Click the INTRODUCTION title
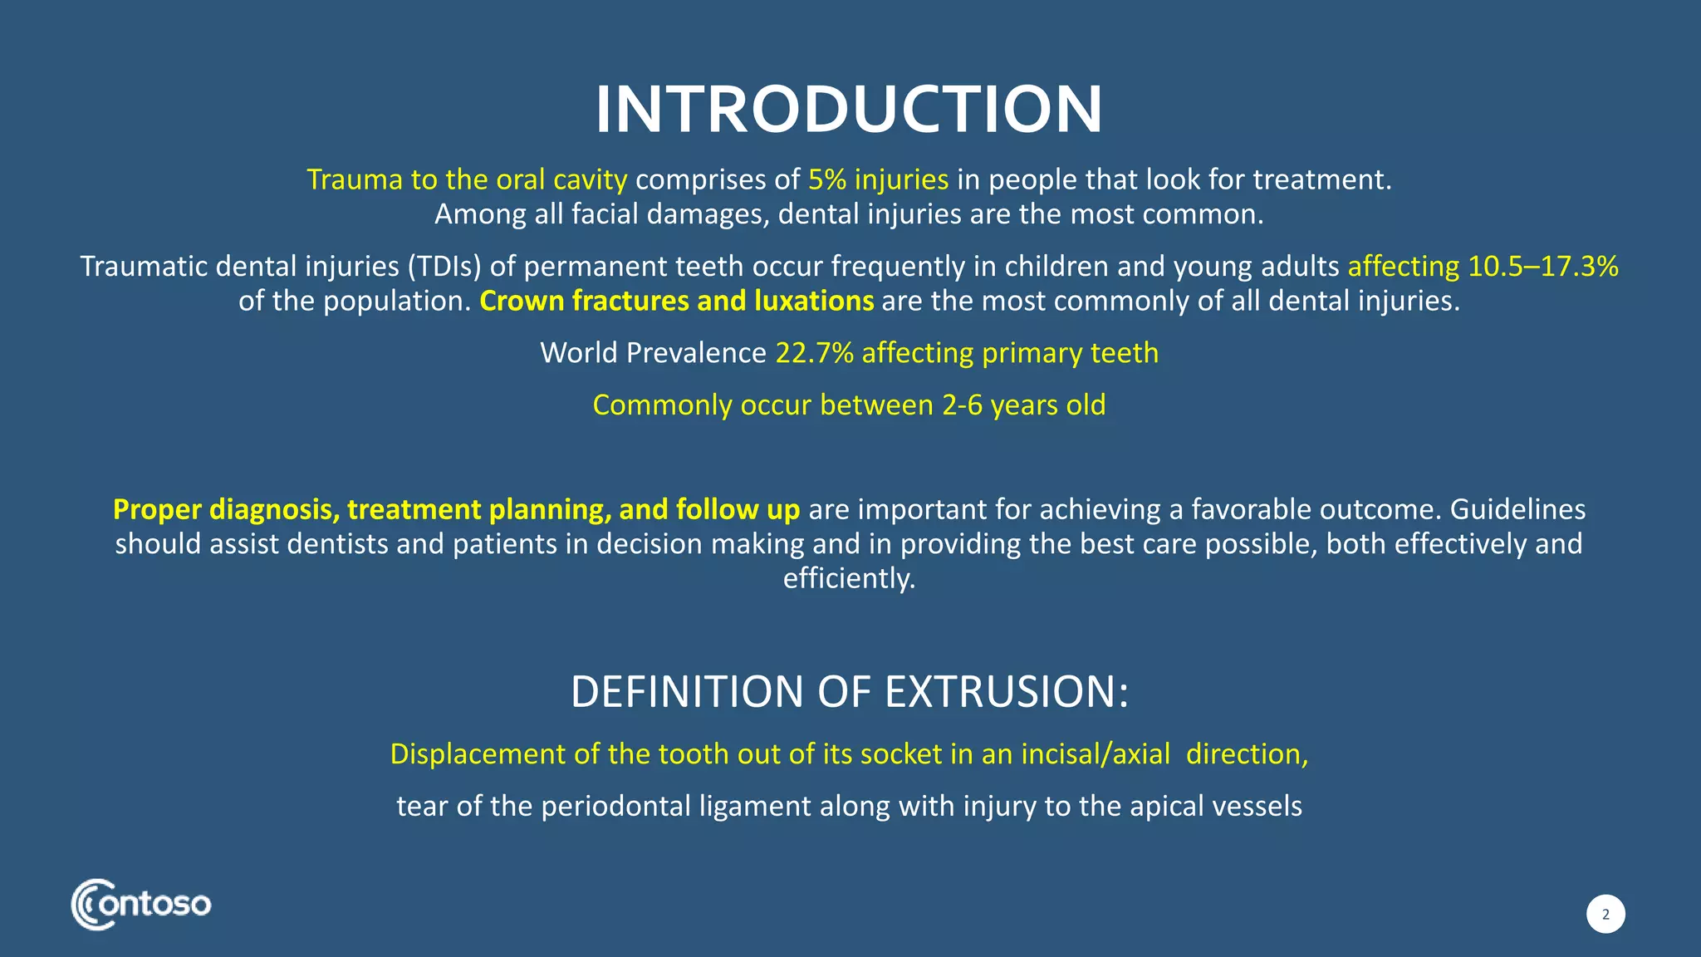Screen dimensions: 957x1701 pyautogui.click(x=849, y=110)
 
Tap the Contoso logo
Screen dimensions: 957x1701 pyautogui.click(x=141, y=904)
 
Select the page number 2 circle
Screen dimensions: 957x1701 pyautogui.click(x=1605, y=915)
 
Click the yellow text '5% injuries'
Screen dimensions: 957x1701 pyautogui.click(x=878, y=179)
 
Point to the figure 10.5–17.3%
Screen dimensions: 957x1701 pyautogui.click(x=1543, y=266)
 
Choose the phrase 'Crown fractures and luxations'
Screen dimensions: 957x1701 pyautogui.click(x=676, y=301)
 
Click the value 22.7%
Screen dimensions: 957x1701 pyautogui.click(x=814, y=353)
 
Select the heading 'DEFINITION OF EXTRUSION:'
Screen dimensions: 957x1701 pyautogui.click(x=849, y=692)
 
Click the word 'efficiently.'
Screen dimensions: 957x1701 pyautogui.click(x=849, y=578)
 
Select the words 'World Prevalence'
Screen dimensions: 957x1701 pyautogui.click(x=653, y=353)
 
